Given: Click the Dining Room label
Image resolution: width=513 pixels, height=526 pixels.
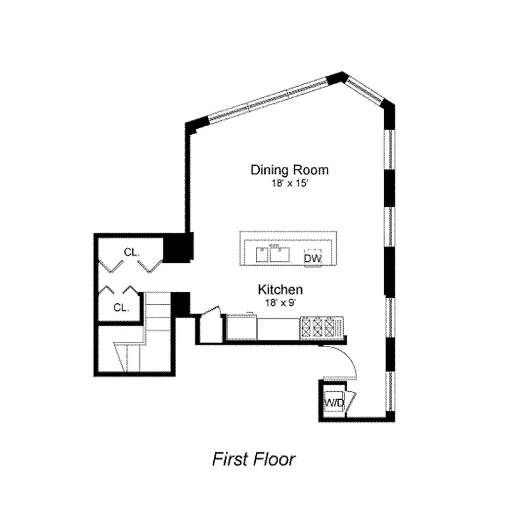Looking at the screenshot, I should (x=289, y=170).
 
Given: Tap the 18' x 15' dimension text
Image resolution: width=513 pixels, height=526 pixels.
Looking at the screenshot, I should (x=289, y=185).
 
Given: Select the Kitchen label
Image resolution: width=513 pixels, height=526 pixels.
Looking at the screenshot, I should (x=280, y=289).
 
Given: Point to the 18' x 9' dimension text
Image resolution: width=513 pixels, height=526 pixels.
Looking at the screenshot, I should (x=280, y=303).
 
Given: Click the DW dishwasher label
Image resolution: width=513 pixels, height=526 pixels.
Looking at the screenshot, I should (x=312, y=259).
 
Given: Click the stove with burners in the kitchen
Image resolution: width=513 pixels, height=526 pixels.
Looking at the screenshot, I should (x=321, y=327).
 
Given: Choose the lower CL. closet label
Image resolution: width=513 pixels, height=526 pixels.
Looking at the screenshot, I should (x=120, y=307).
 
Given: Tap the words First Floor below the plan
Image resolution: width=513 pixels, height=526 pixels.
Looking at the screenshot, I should (x=254, y=459).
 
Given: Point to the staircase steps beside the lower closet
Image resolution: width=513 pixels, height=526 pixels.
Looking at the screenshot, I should (x=157, y=316).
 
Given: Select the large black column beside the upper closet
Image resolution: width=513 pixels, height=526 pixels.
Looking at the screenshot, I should (x=178, y=248).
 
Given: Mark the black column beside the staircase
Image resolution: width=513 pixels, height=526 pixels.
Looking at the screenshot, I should (x=180, y=304).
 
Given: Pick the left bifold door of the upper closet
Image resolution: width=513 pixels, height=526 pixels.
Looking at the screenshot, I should (x=110, y=266).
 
